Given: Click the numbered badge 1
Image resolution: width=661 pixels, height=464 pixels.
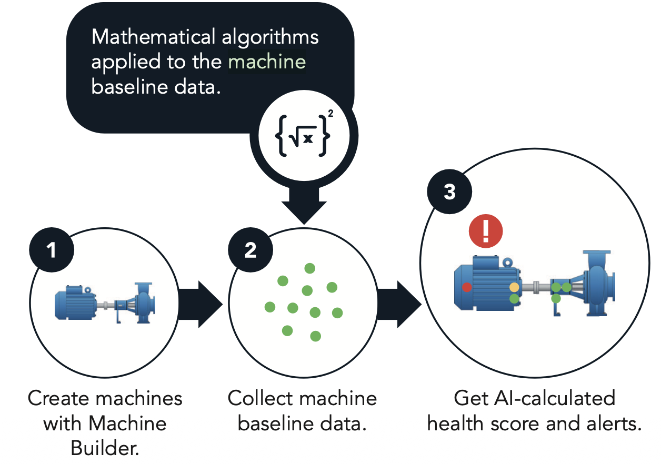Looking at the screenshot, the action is (52, 250).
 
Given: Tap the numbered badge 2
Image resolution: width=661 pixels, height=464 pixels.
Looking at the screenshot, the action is (250, 250).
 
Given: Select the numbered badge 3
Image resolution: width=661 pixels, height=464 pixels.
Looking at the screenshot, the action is (449, 191).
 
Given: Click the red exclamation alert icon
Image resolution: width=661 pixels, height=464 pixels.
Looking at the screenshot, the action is (485, 231).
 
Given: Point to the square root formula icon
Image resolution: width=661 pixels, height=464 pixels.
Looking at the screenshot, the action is (304, 136).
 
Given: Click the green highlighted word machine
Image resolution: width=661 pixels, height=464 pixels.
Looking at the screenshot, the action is (267, 62).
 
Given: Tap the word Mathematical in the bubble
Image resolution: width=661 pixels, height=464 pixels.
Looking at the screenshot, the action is (153, 37).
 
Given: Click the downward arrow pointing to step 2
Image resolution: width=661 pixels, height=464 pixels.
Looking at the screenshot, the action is (304, 206).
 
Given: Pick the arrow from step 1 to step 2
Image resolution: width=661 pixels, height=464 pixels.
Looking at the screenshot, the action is (201, 305).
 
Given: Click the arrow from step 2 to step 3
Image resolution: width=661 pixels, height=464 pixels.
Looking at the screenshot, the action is (399, 305).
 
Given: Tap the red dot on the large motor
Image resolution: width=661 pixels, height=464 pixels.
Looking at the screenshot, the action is (467, 287).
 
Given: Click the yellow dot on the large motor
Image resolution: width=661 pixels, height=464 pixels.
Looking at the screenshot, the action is (514, 287).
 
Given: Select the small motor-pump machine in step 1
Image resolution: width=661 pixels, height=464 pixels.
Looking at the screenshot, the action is (105, 303).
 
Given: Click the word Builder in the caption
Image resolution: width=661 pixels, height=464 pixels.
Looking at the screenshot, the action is (105, 448).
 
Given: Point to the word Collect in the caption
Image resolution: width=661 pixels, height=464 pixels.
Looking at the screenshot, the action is (261, 398).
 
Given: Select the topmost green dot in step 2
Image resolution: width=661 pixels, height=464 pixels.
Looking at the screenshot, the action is (309, 268).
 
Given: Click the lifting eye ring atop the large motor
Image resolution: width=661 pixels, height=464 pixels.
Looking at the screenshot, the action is (507, 262).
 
